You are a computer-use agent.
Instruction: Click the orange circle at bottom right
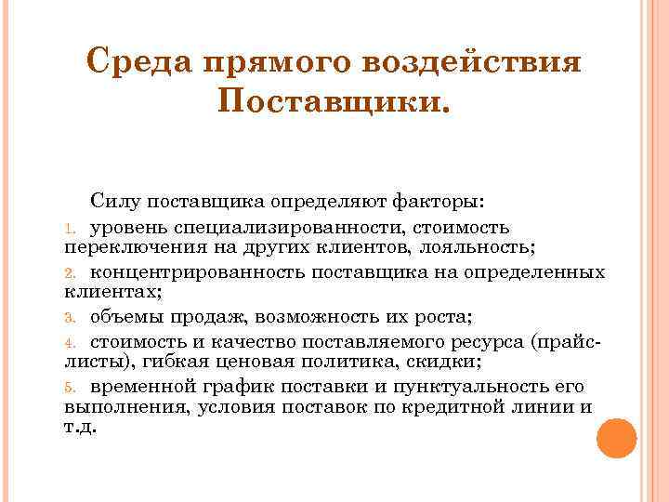pyautogui.click(x=616, y=438)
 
